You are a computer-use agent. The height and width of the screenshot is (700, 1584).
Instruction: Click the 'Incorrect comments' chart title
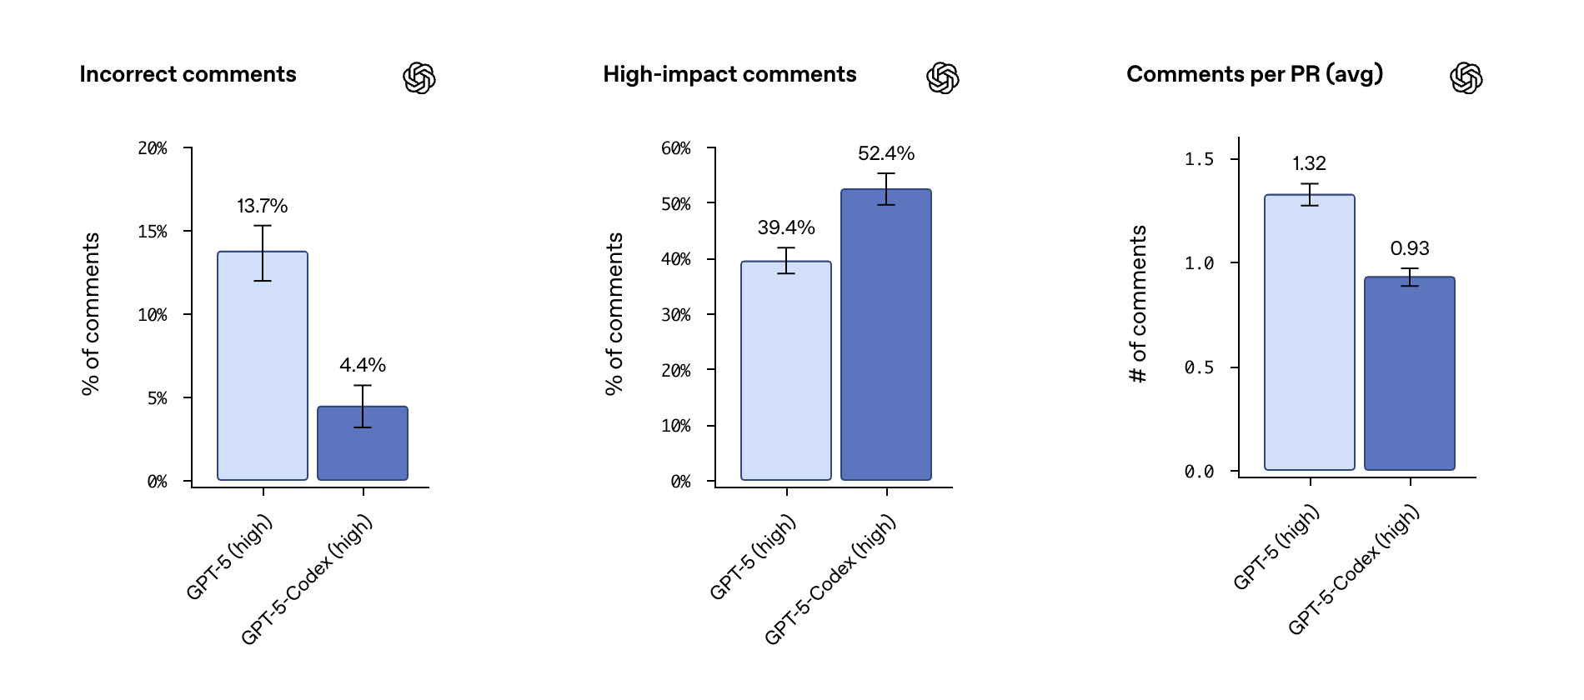(x=188, y=74)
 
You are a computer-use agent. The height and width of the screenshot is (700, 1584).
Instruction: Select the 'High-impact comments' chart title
(x=729, y=74)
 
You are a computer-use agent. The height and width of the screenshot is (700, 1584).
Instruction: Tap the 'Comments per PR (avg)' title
(x=1255, y=74)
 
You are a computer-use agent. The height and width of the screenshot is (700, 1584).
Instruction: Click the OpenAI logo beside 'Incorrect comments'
(x=419, y=77)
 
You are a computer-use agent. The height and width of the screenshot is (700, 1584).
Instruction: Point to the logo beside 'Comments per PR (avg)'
(x=1466, y=77)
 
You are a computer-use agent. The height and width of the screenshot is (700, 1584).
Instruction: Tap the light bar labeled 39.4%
(x=786, y=375)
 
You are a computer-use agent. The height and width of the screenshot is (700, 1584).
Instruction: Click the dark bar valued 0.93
(x=1410, y=375)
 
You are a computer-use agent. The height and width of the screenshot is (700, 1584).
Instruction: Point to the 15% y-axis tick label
(x=153, y=232)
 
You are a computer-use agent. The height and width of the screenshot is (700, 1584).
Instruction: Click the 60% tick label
(x=676, y=148)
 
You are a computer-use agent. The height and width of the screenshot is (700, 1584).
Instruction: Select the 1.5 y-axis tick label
(x=1199, y=159)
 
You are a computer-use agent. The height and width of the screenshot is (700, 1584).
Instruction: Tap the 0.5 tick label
(x=1199, y=367)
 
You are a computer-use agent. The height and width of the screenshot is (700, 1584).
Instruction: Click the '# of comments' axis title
(x=1138, y=304)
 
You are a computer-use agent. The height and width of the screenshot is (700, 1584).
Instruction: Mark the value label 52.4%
(x=886, y=153)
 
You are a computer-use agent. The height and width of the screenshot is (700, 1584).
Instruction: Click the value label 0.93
(x=1410, y=248)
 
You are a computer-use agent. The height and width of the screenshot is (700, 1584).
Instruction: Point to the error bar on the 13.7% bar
(x=263, y=252)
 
